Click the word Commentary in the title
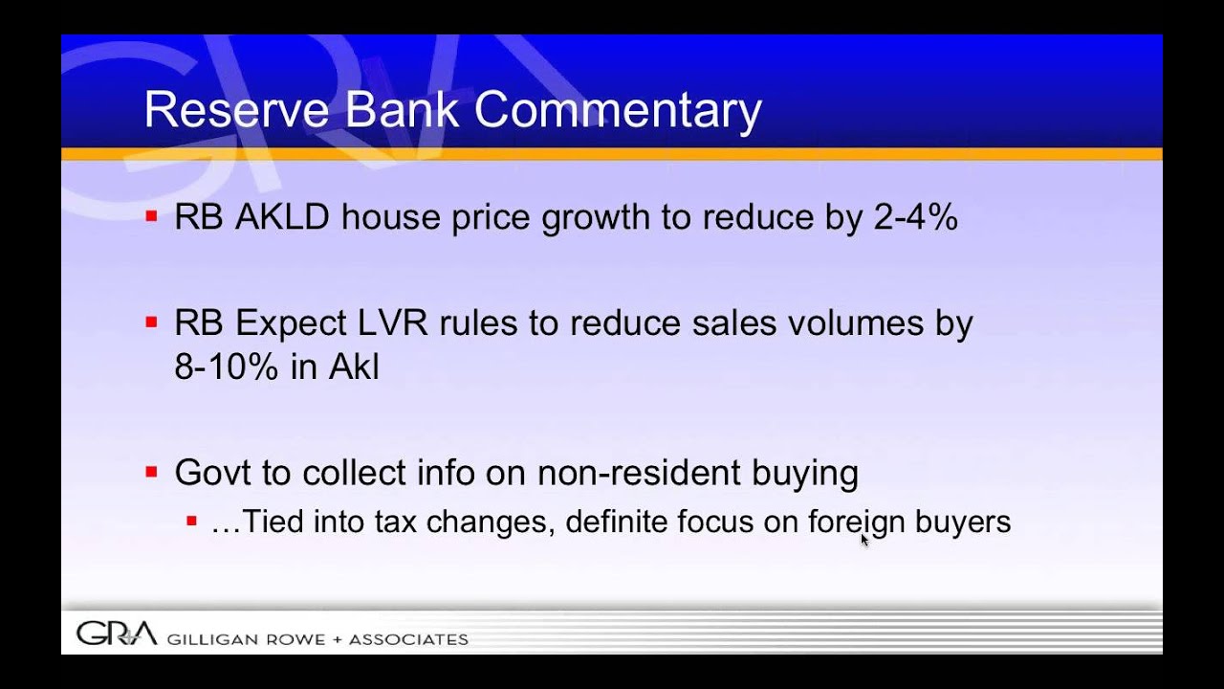click(x=618, y=110)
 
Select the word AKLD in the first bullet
click(x=282, y=218)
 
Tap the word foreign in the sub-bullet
click(x=844, y=522)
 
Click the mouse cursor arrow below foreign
click(x=864, y=541)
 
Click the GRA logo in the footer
click(x=116, y=633)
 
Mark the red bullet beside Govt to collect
click(x=151, y=472)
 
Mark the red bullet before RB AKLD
click(x=151, y=217)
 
